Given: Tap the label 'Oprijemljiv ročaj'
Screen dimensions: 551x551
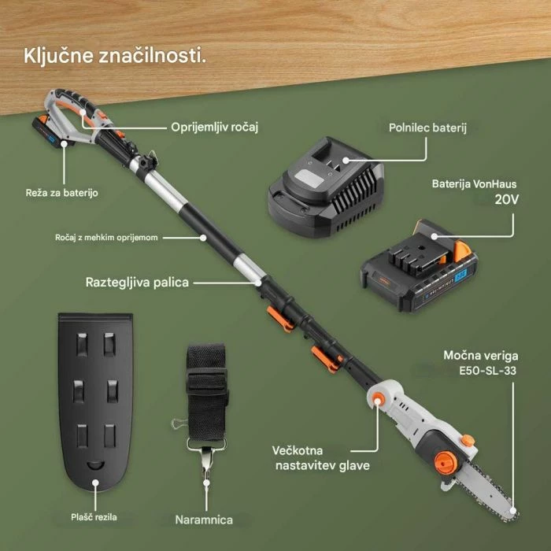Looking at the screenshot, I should [x=215, y=126].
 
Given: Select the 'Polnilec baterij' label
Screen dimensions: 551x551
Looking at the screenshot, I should [x=427, y=127].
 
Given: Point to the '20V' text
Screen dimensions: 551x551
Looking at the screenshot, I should [x=507, y=200].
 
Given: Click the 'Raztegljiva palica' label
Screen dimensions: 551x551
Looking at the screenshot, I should [x=137, y=282].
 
